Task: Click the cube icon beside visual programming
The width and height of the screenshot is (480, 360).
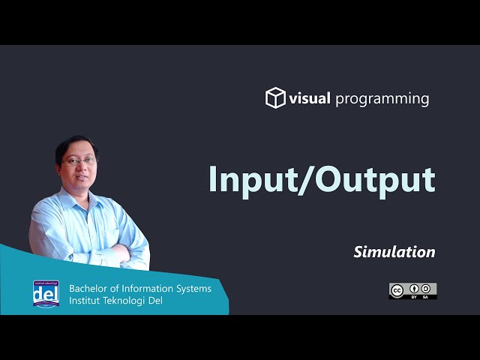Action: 275,98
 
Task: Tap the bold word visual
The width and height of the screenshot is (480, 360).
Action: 310,98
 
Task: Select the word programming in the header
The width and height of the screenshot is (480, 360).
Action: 382,99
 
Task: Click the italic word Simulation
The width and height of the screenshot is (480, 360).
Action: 394,252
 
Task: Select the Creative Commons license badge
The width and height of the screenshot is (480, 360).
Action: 412,291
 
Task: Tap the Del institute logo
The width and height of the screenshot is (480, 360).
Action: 45,294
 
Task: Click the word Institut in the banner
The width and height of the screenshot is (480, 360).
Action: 84,301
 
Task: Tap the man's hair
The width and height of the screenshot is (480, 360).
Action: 77,142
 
